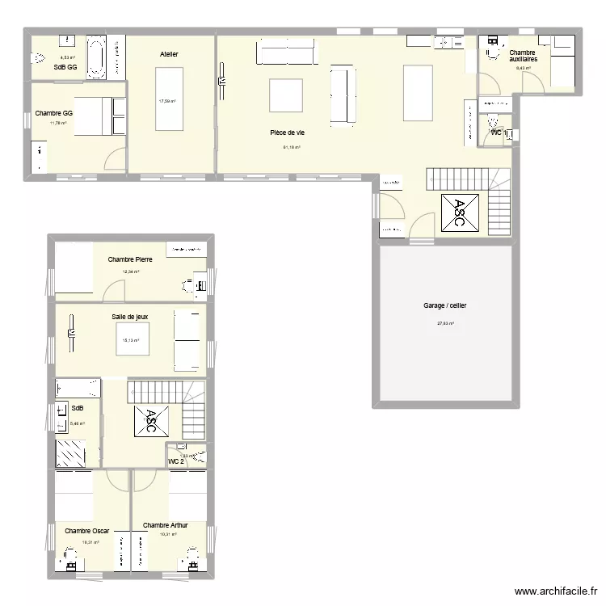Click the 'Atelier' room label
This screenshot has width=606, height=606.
tap(169, 54)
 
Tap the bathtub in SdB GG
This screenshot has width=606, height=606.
tap(96, 57)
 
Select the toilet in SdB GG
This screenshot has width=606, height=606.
tap(39, 58)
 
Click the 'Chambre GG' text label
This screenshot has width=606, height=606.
tap(54, 114)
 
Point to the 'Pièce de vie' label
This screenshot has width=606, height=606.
tap(287, 133)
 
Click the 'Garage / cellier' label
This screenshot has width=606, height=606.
tap(444, 305)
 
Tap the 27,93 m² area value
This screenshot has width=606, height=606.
tap(445, 324)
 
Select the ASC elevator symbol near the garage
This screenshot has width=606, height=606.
tap(459, 213)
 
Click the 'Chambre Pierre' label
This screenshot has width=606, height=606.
tap(130, 259)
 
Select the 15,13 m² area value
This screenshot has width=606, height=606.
tap(130, 340)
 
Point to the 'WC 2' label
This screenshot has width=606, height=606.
tap(176, 461)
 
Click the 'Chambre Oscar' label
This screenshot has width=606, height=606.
tap(86, 531)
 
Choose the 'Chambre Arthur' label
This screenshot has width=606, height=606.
tap(165, 525)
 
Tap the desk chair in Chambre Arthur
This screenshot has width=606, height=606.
tap(192, 554)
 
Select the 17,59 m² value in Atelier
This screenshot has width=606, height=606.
tap(167, 102)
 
